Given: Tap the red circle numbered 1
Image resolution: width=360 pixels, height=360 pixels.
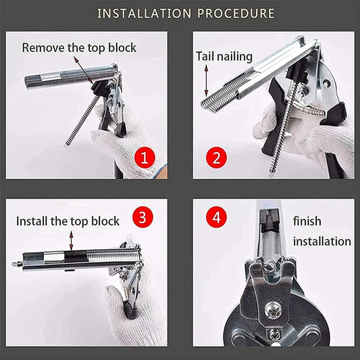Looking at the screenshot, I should tap(143, 159).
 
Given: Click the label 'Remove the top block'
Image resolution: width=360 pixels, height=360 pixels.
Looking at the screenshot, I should tap(79, 47).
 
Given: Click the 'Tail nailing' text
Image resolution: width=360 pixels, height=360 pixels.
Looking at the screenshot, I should tap(224, 57).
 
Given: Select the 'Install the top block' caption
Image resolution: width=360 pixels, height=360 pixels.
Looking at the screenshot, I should tap(68, 221).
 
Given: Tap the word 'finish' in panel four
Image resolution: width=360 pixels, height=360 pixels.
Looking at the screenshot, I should tap(307, 222).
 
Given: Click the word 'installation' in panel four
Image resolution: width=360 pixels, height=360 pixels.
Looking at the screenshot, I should tap(322, 241).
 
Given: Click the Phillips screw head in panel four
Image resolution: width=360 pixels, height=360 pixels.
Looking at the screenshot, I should tap(274, 311).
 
